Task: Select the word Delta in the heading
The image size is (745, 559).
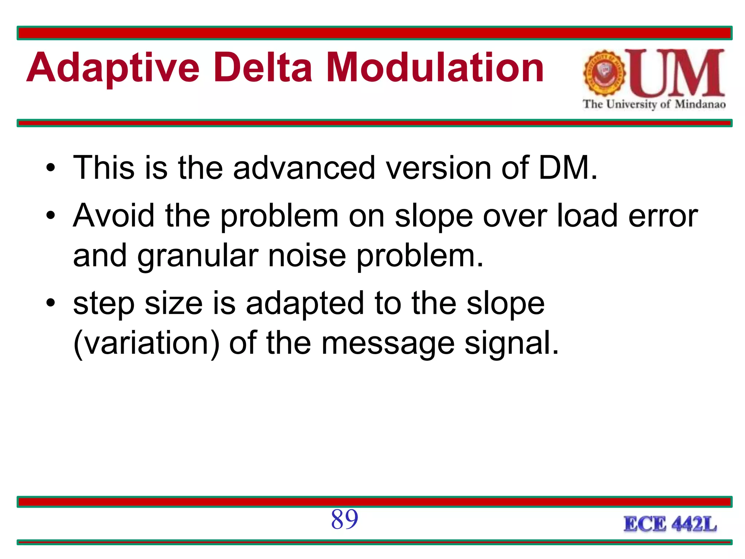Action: [x=263, y=68]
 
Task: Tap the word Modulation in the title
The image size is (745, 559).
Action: [x=435, y=68]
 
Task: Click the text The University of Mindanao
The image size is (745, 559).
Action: [x=654, y=104]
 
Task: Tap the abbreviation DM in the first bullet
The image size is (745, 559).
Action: [x=568, y=168]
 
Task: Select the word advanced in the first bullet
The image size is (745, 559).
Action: [x=304, y=168]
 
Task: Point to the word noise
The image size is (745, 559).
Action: [x=307, y=255]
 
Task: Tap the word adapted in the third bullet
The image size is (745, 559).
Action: [x=305, y=304]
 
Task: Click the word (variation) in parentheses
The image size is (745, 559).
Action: [x=147, y=344]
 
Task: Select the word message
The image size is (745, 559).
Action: [x=388, y=344]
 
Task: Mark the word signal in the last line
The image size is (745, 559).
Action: [x=511, y=344]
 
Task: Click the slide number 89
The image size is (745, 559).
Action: [x=344, y=519]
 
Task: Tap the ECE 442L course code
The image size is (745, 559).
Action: [x=670, y=524]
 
